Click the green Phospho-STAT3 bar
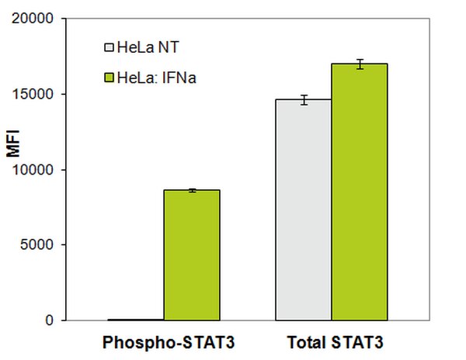click(191, 255)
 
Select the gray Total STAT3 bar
click(304, 209)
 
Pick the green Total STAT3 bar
click(360, 192)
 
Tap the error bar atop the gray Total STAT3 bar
click(304, 99)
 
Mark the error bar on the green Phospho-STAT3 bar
click(191, 190)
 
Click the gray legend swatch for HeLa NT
click(109, 48)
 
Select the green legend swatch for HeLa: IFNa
click(109, 77)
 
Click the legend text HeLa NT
click(148, 48)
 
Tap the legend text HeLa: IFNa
click(155, 77)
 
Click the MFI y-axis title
click(13, 143)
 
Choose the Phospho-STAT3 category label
click(163, 342)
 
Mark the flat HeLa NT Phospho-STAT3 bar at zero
click(135, 320)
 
